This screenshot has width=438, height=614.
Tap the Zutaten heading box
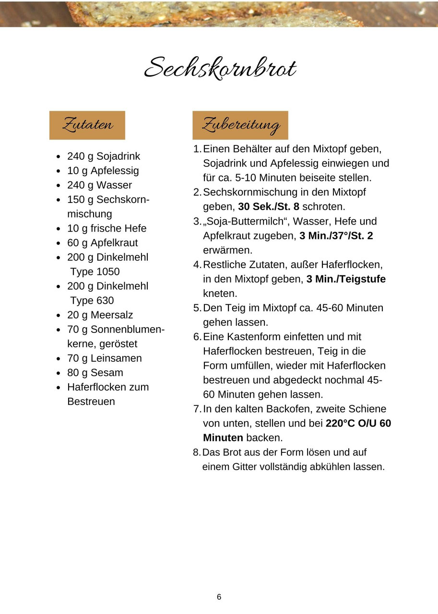pos(87,125)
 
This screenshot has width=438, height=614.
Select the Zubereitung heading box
pos(240,125)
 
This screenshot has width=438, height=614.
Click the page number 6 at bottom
pos(219,597)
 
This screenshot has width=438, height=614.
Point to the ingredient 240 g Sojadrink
pos(104,156)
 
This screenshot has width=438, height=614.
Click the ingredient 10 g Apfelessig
pos(103,171)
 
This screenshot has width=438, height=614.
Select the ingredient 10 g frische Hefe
pos(107,228)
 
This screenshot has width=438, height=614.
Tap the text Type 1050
pos(95,272)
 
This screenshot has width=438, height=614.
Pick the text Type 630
pos(92,301)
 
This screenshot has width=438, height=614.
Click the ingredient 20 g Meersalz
pos(100,315)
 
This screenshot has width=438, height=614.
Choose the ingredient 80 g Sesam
pos(95,373)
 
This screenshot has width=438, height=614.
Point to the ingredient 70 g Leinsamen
pos(104,358)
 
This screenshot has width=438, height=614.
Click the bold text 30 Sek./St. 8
pos(269,207)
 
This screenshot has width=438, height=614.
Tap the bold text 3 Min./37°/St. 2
pos(336,236)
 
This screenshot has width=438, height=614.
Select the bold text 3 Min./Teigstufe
pos(346,279)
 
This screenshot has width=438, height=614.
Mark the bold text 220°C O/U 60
pos(358,424)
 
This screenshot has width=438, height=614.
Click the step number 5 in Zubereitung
pos(196,308)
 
